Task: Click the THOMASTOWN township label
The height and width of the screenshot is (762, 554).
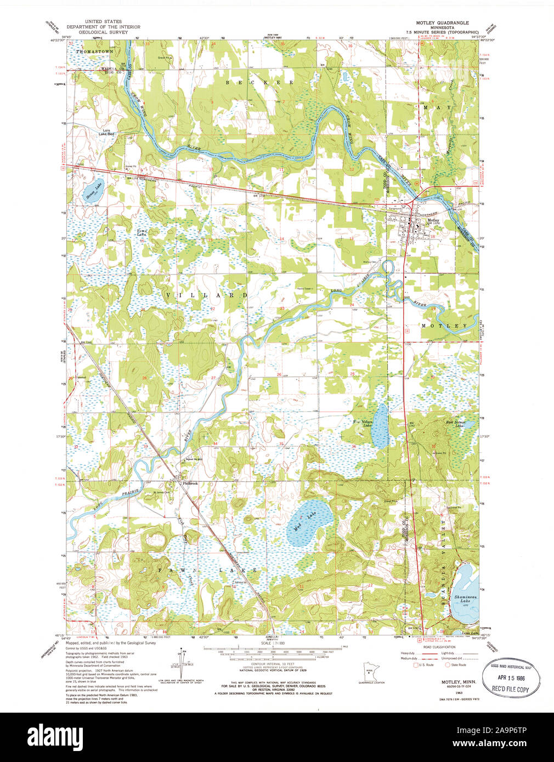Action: point(94,51)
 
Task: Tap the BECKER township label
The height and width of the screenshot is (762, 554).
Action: point(260,82)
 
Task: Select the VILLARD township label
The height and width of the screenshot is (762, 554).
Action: point(206,295)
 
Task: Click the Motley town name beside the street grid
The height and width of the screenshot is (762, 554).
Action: point(433,220)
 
